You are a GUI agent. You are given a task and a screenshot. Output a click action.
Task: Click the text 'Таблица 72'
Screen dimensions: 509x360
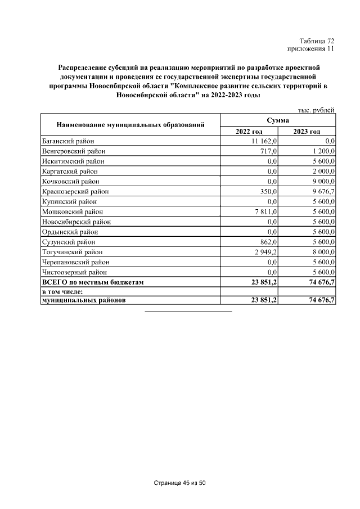tap(317, 40)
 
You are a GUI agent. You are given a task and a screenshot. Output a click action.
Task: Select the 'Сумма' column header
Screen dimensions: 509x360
tap(278, 120)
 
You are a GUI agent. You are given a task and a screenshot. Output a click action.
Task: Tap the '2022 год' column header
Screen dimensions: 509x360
tap(249, 131)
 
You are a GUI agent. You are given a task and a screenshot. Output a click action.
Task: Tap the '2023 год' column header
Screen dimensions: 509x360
tap(307, 131)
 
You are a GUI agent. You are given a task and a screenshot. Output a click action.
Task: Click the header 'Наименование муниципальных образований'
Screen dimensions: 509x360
tap(130, 124)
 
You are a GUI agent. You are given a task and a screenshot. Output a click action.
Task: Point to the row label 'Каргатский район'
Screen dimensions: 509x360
tap(69, 172)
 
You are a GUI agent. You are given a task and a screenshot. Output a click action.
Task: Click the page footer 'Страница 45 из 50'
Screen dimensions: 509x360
tap(180, 483)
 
